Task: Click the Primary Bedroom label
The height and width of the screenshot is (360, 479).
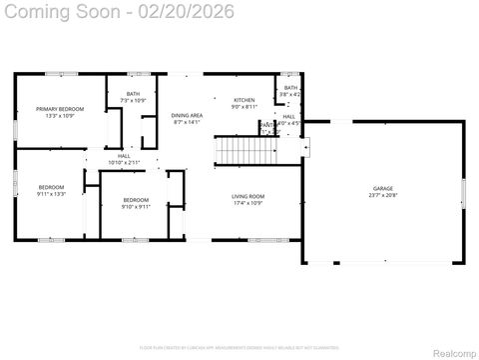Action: pos(60,108)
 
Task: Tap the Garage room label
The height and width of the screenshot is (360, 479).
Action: pos(383,188)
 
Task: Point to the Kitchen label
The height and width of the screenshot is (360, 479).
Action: pos(244,100)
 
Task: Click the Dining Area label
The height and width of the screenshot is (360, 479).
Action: pos(187,115)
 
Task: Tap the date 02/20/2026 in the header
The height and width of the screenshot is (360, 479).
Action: pos(189,12)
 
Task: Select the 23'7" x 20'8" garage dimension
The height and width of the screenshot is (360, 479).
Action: pos(383,195)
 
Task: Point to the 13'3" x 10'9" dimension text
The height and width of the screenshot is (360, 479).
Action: pos(60,115)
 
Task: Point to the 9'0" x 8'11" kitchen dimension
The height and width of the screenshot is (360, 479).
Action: pos(244,107)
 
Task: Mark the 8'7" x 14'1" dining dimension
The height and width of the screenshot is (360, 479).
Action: pos(187,122)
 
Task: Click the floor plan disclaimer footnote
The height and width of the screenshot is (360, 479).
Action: pos(239,347)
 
